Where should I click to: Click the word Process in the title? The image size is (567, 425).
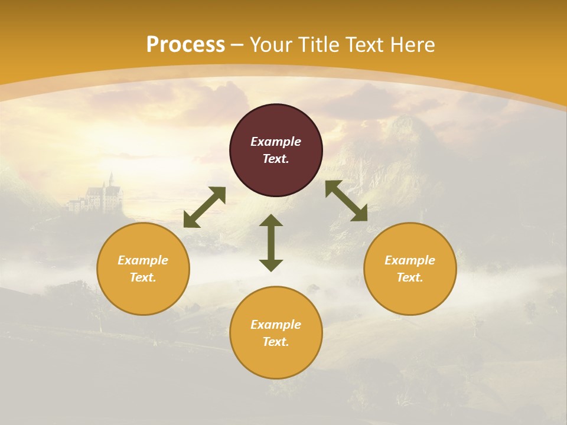(x=185, y=45)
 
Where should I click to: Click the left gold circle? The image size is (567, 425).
(x=143, y=269)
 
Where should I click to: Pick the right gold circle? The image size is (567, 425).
(x=410, y=269)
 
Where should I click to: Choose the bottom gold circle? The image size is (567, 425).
(x=276, y=332)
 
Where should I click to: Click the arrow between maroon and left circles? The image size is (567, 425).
(x=204, y=207)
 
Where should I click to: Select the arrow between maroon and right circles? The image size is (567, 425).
(x=346, y=201)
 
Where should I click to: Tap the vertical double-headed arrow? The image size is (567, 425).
(x=271, y=243)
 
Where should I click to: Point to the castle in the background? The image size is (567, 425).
(x=100, y=195)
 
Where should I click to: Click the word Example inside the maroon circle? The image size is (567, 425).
(x=276, y=142)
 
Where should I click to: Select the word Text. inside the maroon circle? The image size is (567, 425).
(x=276, y=159)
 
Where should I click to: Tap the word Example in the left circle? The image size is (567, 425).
(x=143, y=260)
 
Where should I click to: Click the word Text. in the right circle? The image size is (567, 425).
(x=410, y=277)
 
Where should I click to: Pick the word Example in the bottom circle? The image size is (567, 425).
(x=276, y=325)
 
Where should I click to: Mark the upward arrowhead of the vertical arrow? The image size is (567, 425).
(x=271, y=221)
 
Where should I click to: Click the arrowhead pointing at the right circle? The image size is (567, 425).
(x=360, y=214)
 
